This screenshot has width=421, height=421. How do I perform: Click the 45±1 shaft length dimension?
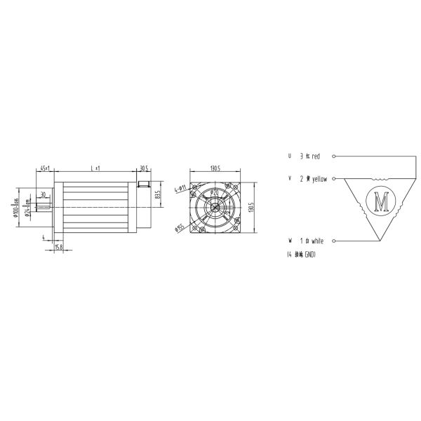click(44, 168)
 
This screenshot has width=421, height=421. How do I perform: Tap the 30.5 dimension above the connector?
click(144, 168)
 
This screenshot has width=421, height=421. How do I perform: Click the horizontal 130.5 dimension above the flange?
click(215, 168)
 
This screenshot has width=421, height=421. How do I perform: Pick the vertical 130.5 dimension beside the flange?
click(251, 208)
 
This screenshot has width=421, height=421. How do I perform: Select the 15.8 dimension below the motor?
click(59, 247)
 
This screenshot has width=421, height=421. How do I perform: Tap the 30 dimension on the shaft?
click(43, 194)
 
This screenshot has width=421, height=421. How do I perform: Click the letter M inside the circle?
click(382, 202)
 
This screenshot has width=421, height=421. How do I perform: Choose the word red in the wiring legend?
click(316, 156)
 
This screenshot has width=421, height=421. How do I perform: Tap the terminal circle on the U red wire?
click(335, 156)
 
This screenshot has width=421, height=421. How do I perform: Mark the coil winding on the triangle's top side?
click(382, 179)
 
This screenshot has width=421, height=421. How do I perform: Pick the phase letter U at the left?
click(289, 156)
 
